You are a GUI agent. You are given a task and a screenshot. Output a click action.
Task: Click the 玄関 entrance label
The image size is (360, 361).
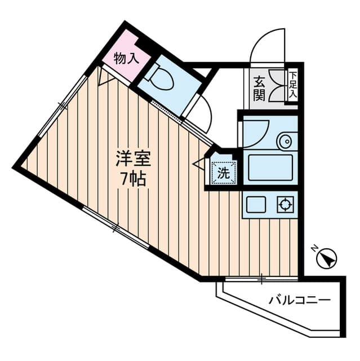(259, 87)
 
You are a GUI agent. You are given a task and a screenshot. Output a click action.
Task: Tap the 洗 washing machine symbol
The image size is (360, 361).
(223, 173)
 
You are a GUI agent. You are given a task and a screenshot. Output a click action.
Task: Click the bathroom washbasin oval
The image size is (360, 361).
(286, 140)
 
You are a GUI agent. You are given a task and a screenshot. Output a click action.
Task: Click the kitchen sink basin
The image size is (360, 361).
(256, 205)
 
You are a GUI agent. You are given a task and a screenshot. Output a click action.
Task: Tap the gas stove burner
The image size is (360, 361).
(285, 204)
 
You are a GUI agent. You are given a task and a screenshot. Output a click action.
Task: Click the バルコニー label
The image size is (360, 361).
(299, 300)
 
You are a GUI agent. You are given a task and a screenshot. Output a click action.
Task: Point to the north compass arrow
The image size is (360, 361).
(326, 259)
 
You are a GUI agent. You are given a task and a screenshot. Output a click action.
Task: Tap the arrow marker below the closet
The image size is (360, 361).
(103, 77)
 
